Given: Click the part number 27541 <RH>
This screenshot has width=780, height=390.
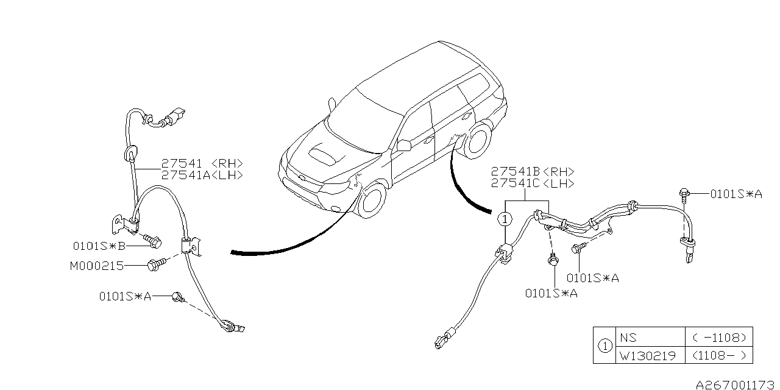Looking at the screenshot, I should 202,163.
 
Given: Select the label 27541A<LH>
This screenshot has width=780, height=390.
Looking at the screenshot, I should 202,175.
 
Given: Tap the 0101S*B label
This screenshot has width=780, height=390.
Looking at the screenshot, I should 99,246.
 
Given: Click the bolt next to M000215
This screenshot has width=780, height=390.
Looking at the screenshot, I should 156,264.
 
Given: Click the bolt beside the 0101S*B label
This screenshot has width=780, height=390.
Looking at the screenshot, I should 152,242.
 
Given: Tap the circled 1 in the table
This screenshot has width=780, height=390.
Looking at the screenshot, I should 604,346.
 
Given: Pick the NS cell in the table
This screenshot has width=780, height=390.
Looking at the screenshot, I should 628,336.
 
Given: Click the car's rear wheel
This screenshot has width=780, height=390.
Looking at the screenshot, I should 480,141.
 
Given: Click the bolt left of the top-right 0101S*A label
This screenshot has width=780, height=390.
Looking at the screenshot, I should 684,195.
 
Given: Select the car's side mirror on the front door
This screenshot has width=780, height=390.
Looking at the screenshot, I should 402,145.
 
